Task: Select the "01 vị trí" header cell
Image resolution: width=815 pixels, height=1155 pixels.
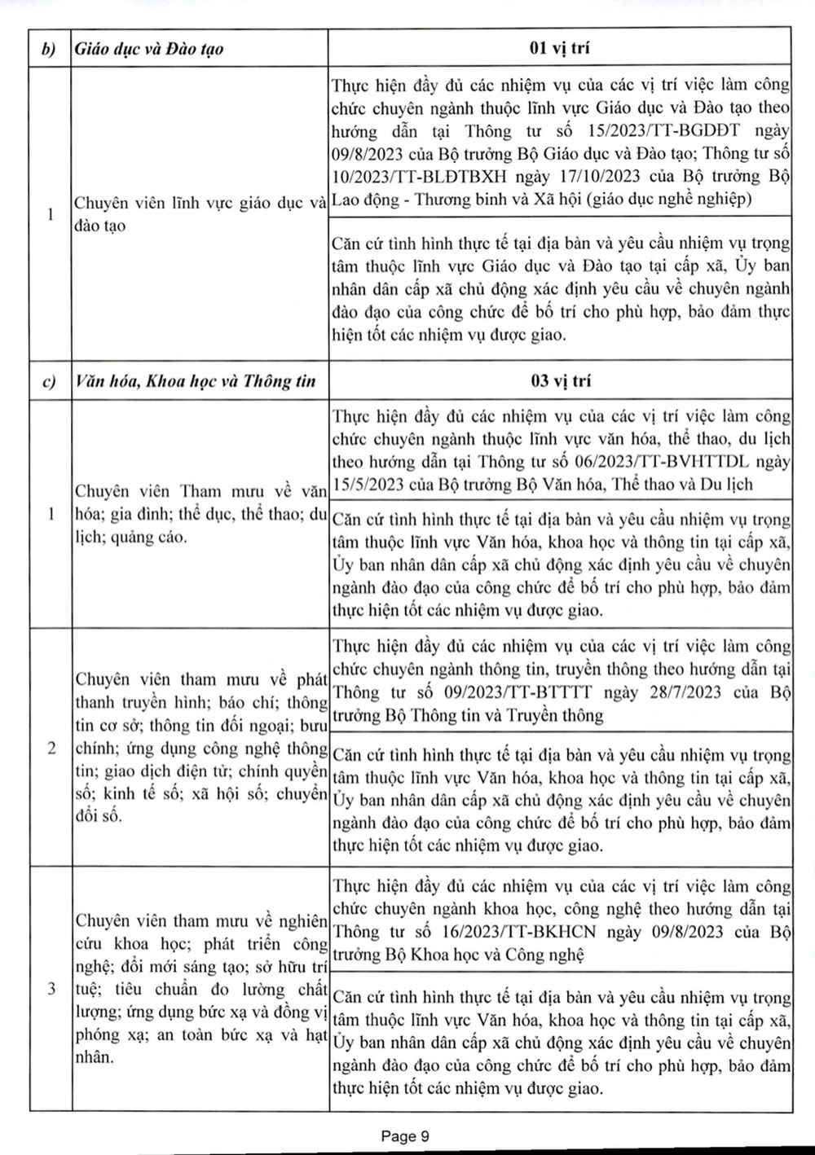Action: pyautogui.click(x=559, y=48)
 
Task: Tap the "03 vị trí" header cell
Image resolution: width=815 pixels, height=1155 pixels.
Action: pyautogui.click(x=559, y=380)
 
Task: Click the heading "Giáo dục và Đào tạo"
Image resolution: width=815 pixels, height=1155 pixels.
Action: pyautogui.click(x=149, y=49)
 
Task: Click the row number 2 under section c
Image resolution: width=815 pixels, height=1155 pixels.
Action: pyautogui.click(x=51, y=748)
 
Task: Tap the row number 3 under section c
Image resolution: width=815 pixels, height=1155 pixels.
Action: pyautogui.click(x=51, y=989)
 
